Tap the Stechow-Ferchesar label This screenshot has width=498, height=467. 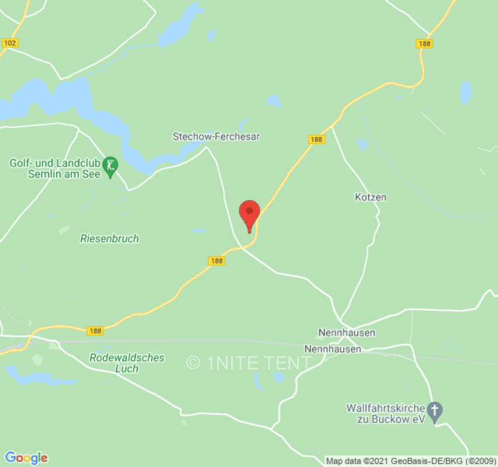[216, 137]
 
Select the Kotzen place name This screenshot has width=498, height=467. [371, 197]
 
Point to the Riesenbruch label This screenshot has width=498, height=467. [110, 238]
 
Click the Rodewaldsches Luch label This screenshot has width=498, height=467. [127, 363]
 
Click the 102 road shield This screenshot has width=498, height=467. [10, 43]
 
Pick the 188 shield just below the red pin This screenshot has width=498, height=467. [217, 261]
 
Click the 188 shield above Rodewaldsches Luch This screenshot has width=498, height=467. [95, 330]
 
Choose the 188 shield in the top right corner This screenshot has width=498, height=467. [424, 44]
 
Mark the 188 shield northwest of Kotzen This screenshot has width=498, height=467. [316, 140]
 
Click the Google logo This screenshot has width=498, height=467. [26, 458]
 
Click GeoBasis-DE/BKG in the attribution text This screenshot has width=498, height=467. [429, 461]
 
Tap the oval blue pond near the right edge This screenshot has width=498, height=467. [465, 93]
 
